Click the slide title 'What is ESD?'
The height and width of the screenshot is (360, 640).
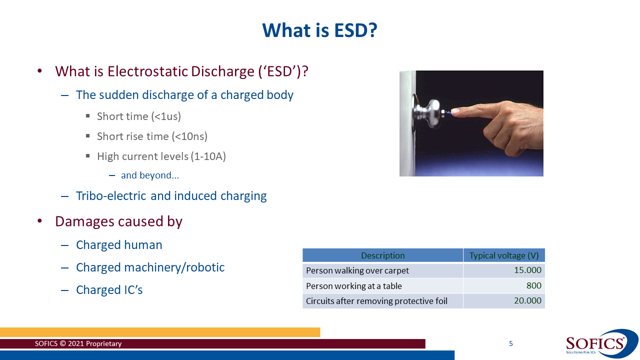(x=319, y=30)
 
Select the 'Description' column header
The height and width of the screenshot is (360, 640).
(x=382, y=255)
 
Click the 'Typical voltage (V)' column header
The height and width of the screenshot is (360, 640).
(x=503, y=255)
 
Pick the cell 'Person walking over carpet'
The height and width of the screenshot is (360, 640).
(x=357, y=270)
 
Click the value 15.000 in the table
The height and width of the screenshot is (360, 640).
(x=527, y=270)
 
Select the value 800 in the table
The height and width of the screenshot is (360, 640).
(x=533, y=286)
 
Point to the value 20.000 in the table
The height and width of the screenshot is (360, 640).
(x=527, y=301)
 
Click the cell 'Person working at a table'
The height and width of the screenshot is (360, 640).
(x=354, y=286)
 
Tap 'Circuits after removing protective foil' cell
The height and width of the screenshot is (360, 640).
(x=376, y=301)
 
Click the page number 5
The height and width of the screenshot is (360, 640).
(x=510, y=343)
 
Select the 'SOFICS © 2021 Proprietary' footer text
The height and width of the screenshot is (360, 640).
(x=78, y=344)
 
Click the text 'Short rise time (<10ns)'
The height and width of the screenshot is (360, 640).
(x=152, y=136)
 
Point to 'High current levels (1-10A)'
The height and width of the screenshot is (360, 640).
(x=161, y=156)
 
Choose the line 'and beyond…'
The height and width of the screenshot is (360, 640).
(x=150, y=175)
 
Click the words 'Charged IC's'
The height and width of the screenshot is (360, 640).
(x=109, y=290)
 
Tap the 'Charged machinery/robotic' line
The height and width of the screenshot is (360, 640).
(x=150, y=267)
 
